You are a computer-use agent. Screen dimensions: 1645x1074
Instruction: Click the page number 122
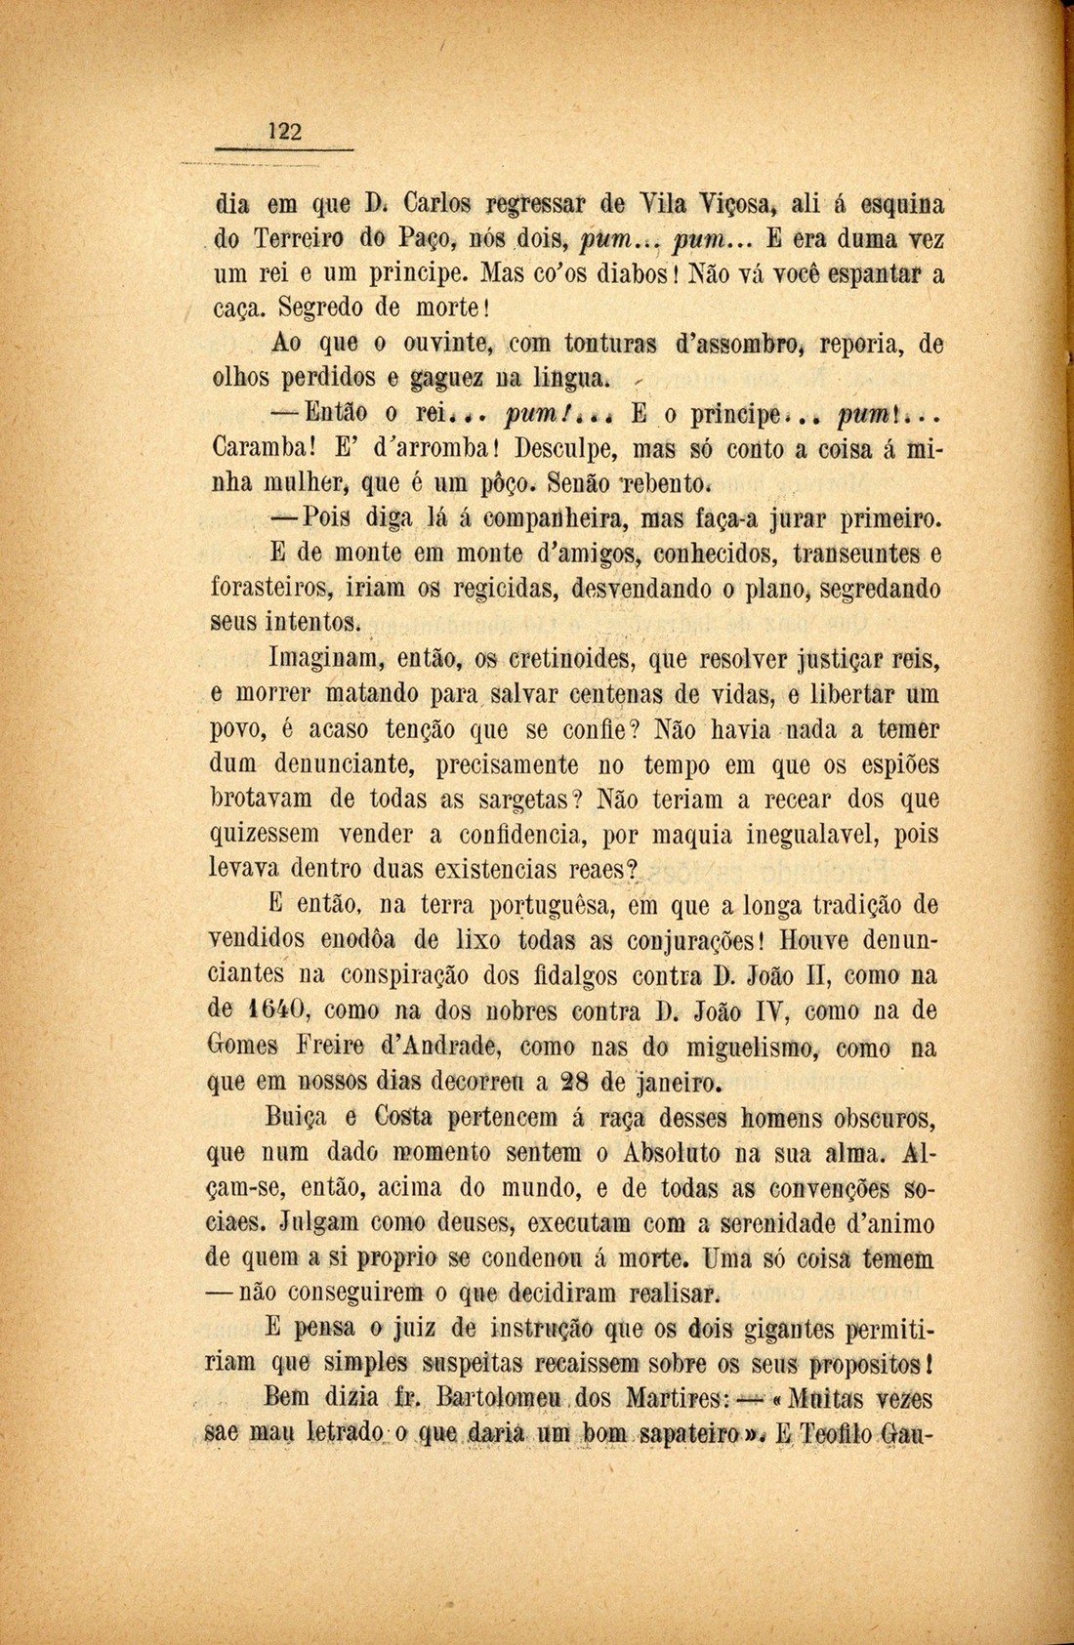click(285, 132)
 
